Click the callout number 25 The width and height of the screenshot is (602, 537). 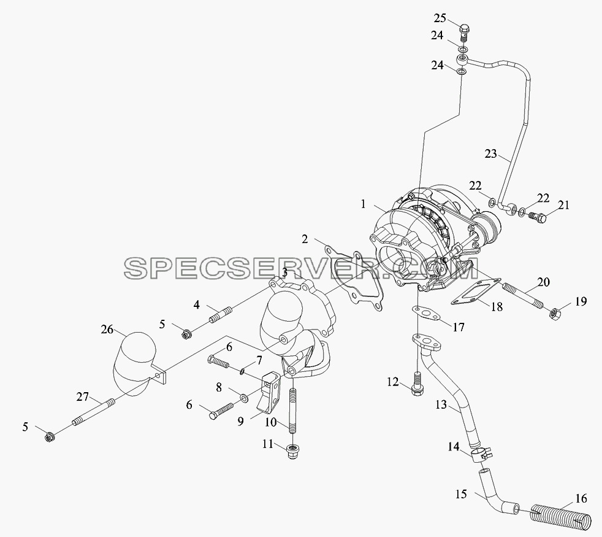pos(440,18)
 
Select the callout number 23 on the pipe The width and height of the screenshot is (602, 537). pos(491,154)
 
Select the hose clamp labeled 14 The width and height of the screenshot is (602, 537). pos(480,454)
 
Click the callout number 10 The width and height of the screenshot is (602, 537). pos(271,422)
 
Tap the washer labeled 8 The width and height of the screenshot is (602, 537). pos(244,397)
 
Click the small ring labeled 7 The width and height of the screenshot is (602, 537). pos(242,371)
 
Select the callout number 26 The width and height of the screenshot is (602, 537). pos(107,330)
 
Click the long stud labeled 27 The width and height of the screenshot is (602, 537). pos(93,412)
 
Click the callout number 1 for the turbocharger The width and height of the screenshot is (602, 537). pos(363,204)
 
